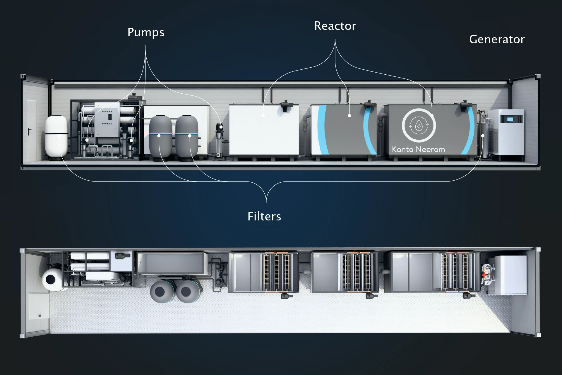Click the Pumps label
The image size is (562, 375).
click(146, 32)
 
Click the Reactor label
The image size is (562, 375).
click(335, 26)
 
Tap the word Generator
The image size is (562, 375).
click(497, 40)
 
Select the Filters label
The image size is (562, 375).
click(264, 217)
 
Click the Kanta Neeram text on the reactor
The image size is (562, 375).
click(418, 150)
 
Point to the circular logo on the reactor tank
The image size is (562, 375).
click(419, 125)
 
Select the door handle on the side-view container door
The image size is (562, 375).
click(29, 132)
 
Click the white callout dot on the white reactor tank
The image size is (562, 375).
click(263, 116)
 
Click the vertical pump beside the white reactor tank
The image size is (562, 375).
click(219, 141)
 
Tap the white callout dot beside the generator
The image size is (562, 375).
click(483, 136)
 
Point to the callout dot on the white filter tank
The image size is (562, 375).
click(59, 136)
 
